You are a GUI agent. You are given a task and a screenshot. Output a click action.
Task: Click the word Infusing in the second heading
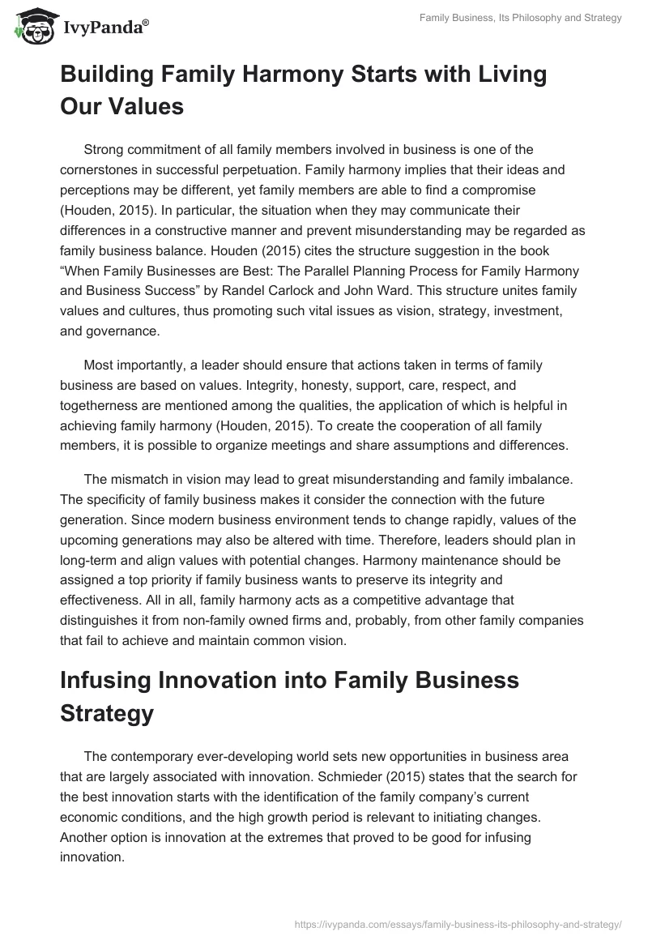coord(111,680)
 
